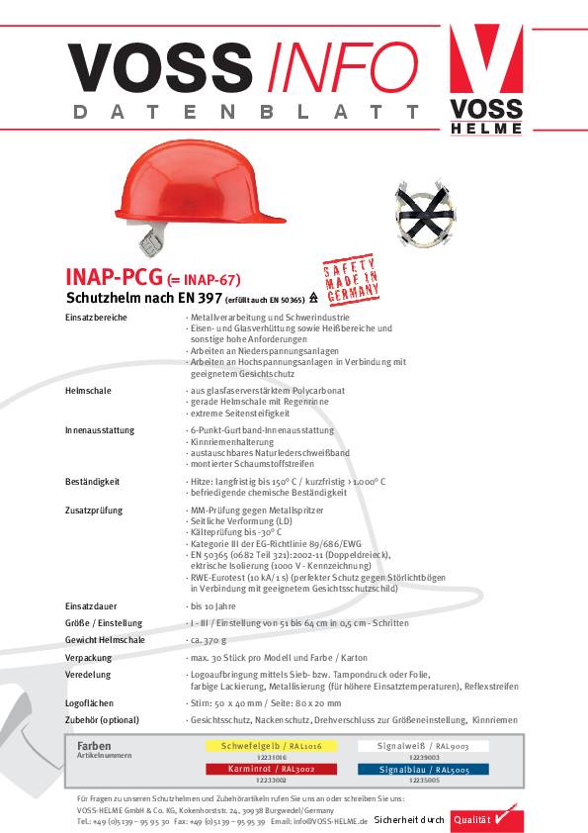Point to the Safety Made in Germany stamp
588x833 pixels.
point(351,280)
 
